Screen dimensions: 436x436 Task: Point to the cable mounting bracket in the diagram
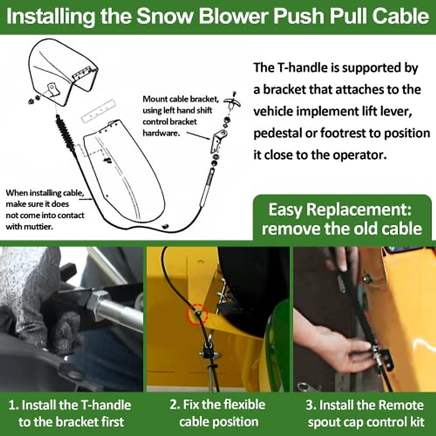click(218, 140)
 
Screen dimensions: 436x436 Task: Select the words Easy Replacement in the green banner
click(340, 210)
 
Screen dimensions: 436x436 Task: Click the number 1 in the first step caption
click(12, 405)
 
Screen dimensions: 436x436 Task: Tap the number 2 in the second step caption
click(174, 404)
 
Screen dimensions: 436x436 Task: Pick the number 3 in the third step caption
click(310, 405)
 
